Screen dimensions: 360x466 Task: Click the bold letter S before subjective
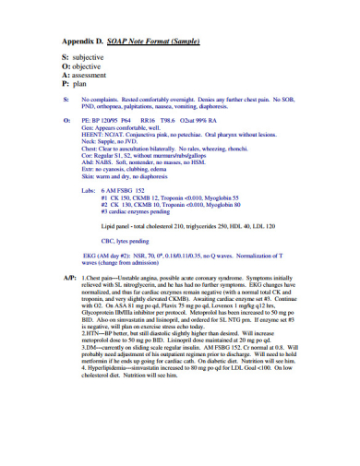pos(65,57)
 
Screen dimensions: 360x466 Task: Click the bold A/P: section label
pos(69,278)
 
